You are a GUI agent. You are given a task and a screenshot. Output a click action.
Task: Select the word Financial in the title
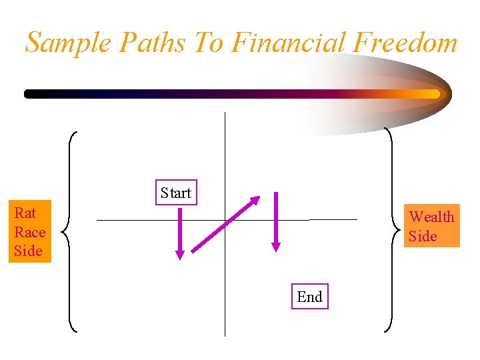point(289,43)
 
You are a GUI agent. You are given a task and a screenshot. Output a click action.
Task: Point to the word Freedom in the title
point(405,43)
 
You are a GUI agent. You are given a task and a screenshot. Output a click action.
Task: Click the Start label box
point(176,193)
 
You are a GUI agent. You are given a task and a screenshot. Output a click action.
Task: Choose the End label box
point(309,297)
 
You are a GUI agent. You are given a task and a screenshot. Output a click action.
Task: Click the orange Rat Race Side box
point(29,232)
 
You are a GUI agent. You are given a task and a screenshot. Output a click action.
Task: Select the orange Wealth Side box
point(431,226)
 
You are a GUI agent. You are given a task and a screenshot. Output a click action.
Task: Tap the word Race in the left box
point(29,232)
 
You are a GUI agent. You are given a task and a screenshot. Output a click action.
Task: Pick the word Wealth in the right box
point(431,217)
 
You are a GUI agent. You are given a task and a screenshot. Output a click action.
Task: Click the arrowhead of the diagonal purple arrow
point(256,199)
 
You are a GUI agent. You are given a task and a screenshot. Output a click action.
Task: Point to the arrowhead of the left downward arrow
point(179,254)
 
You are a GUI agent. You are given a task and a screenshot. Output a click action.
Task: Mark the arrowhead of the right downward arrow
point(276,247)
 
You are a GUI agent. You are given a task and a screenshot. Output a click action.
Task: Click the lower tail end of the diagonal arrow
point(193,251)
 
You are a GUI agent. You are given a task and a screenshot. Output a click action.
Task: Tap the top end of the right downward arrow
point(276,194)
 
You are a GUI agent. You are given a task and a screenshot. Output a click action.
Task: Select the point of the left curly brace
point(62,232)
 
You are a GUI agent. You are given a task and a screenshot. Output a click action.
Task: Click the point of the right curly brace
point(399,232)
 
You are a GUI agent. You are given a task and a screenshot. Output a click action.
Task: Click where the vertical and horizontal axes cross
point(225,219)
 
